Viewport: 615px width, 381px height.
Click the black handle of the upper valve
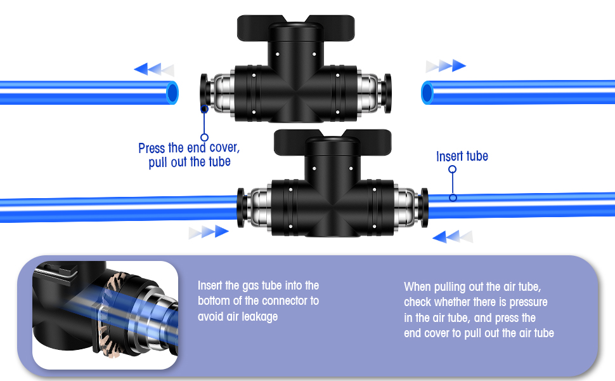point(295,25)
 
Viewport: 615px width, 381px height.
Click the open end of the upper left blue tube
point(172,93)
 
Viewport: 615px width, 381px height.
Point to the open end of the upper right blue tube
point(427,93)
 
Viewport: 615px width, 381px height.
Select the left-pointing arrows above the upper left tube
point(153,69)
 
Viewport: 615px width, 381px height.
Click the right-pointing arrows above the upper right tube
point(446,65)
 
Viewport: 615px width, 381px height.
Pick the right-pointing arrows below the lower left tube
point(208,232)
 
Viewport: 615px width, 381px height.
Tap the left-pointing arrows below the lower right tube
point(453,237)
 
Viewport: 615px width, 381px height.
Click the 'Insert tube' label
point(462,156)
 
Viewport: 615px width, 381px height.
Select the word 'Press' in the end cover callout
point(152,149)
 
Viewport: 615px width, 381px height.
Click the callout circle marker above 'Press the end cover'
point(204,137)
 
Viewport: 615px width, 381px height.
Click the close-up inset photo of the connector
point(105,315)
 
